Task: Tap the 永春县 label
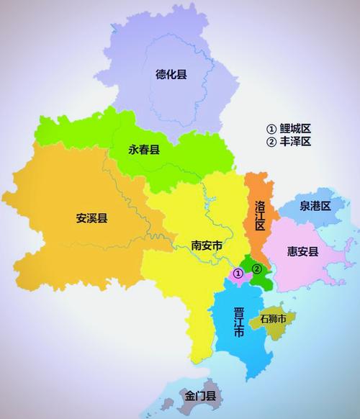tap(144, 150)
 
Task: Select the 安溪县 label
tap(91, 218)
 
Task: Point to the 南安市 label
tap(207, 245)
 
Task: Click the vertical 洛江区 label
tap(260, 215)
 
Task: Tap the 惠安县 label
tap(302, 251)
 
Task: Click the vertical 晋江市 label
tap(238, 322)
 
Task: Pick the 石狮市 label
tap(273, 317)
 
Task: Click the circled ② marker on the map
tap(256, 269)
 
